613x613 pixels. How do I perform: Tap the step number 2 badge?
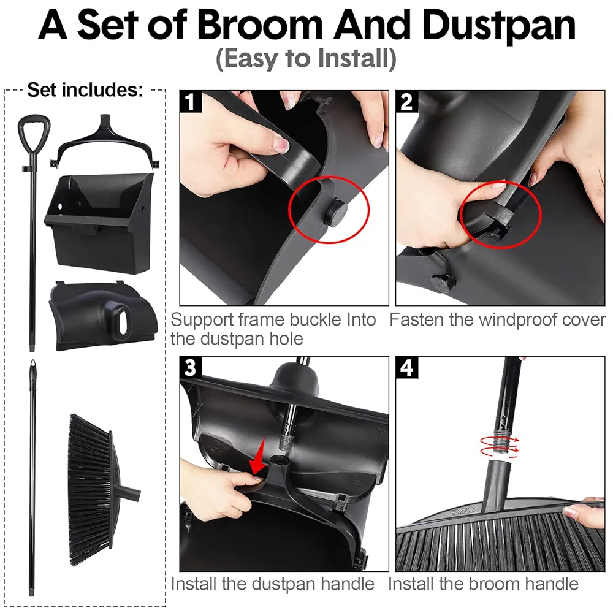(x=406, y=102)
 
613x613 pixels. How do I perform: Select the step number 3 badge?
(x=191, y=368)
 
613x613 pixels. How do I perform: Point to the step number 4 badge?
(x=406, y=368)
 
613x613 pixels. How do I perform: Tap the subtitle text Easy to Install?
(x=306, y=60)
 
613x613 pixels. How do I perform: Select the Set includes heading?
(x=85, y=91)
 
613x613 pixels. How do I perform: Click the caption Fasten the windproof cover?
(x=497, y=320)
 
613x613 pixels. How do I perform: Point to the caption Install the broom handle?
(x=483, y=584)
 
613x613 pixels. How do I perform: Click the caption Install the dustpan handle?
(x=273, y=584)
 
